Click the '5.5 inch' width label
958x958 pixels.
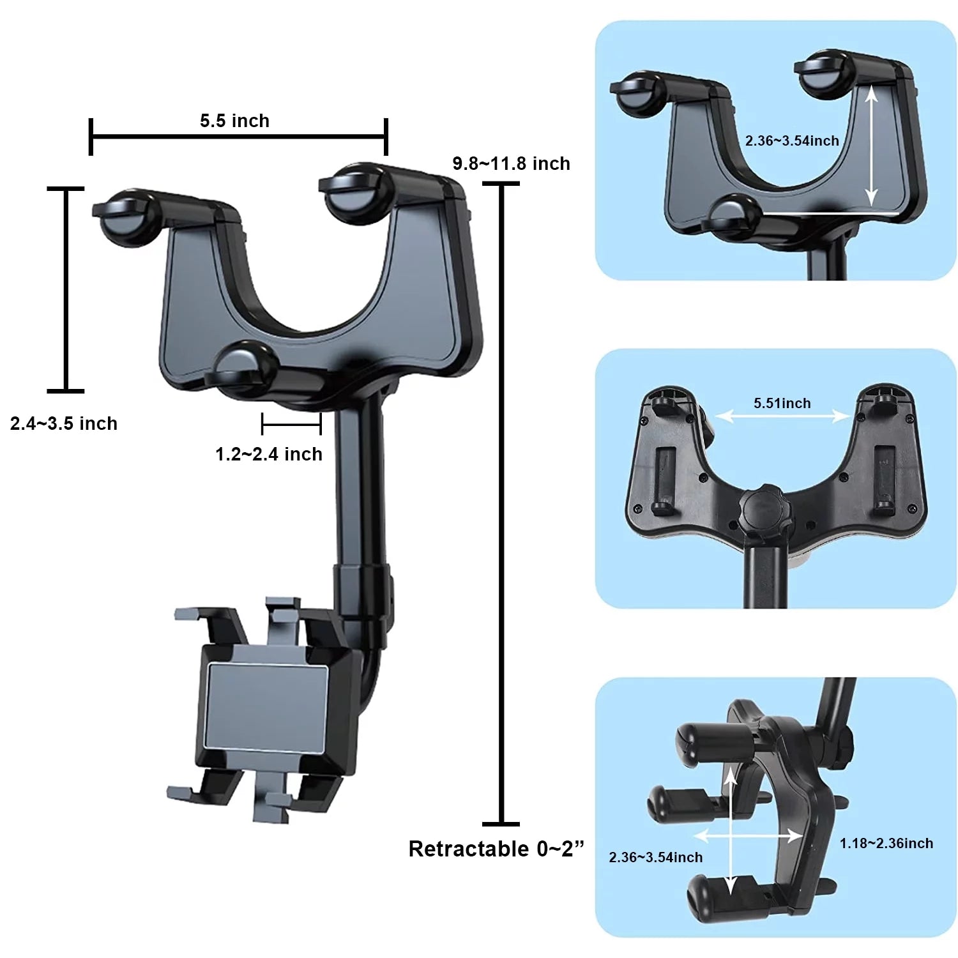234,121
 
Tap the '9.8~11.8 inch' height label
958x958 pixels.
511,163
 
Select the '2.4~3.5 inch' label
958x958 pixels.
64,423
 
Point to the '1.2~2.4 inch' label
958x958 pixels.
269,454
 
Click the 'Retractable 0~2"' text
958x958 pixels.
496,849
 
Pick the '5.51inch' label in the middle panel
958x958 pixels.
782,403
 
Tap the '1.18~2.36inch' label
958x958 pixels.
886,843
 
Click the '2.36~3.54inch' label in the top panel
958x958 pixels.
792,141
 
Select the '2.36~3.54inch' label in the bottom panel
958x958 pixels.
655,857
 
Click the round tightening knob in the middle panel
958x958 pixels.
765,506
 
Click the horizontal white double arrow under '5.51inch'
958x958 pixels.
782,417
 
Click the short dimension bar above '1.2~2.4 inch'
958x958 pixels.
291,423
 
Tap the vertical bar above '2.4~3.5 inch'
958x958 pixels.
66,289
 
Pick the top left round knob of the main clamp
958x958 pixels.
126,217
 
